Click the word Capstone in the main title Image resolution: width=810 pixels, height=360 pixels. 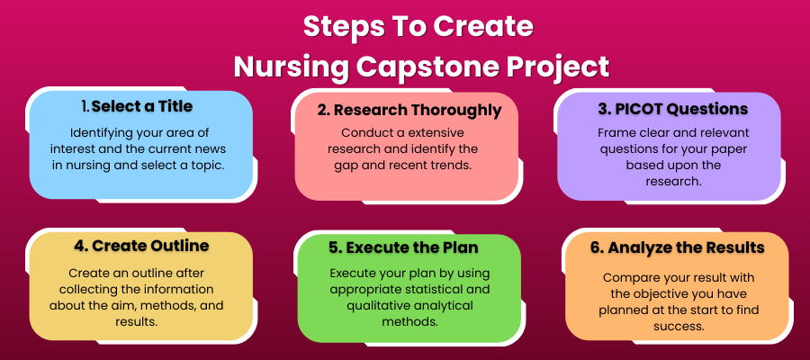pos(435,67)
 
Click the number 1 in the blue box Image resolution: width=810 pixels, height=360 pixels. pos(85,106)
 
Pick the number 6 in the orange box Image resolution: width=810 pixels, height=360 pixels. pos(596,247)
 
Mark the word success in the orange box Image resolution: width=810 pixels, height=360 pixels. pos(679,327)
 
